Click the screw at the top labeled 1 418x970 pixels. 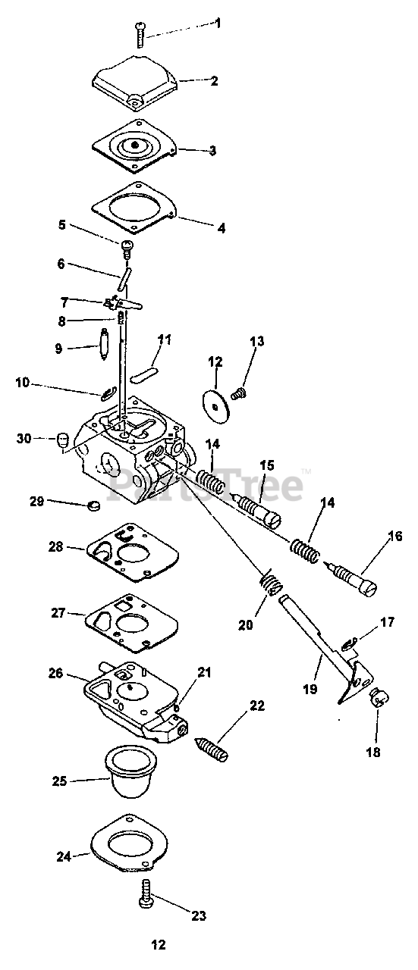coord(140,35)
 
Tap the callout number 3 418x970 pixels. coord(212,150)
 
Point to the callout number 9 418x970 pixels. coord(59,348)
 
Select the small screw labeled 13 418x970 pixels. coord(239,393)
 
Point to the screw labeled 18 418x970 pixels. coord(379,698)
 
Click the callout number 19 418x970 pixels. coord(310,689)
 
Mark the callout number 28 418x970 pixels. coord(56,546)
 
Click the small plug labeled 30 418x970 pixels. coord(62,441)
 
